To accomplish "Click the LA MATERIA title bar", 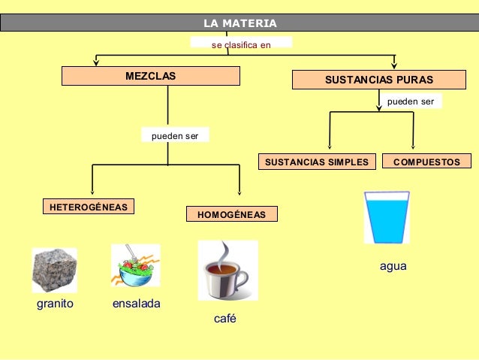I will (x=239, y=23).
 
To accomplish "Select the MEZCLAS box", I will (x=150, y=76).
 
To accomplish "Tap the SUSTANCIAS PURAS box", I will (x=378, y=79).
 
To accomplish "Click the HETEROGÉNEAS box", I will (x=88, y=206).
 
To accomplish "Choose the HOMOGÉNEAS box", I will (x=231, y=214).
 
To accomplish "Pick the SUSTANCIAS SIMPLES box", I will (x=315, y=162).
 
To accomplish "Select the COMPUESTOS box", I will (x=426, y=162).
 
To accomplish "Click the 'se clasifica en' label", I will (x=241, y=44).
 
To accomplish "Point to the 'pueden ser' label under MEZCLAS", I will (x=175, y=136).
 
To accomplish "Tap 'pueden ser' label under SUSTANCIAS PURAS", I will (x=410, y=101).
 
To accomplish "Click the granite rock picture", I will (x=54, y=270).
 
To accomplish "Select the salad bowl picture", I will (x=135, y=265).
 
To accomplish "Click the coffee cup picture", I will (x=227, y=270).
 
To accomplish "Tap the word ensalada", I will (x=136, y=304).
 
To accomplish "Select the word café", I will (x=225, y=319).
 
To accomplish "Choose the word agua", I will (x=393, y=267).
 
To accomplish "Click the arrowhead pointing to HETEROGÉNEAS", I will (x=92, y=192).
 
